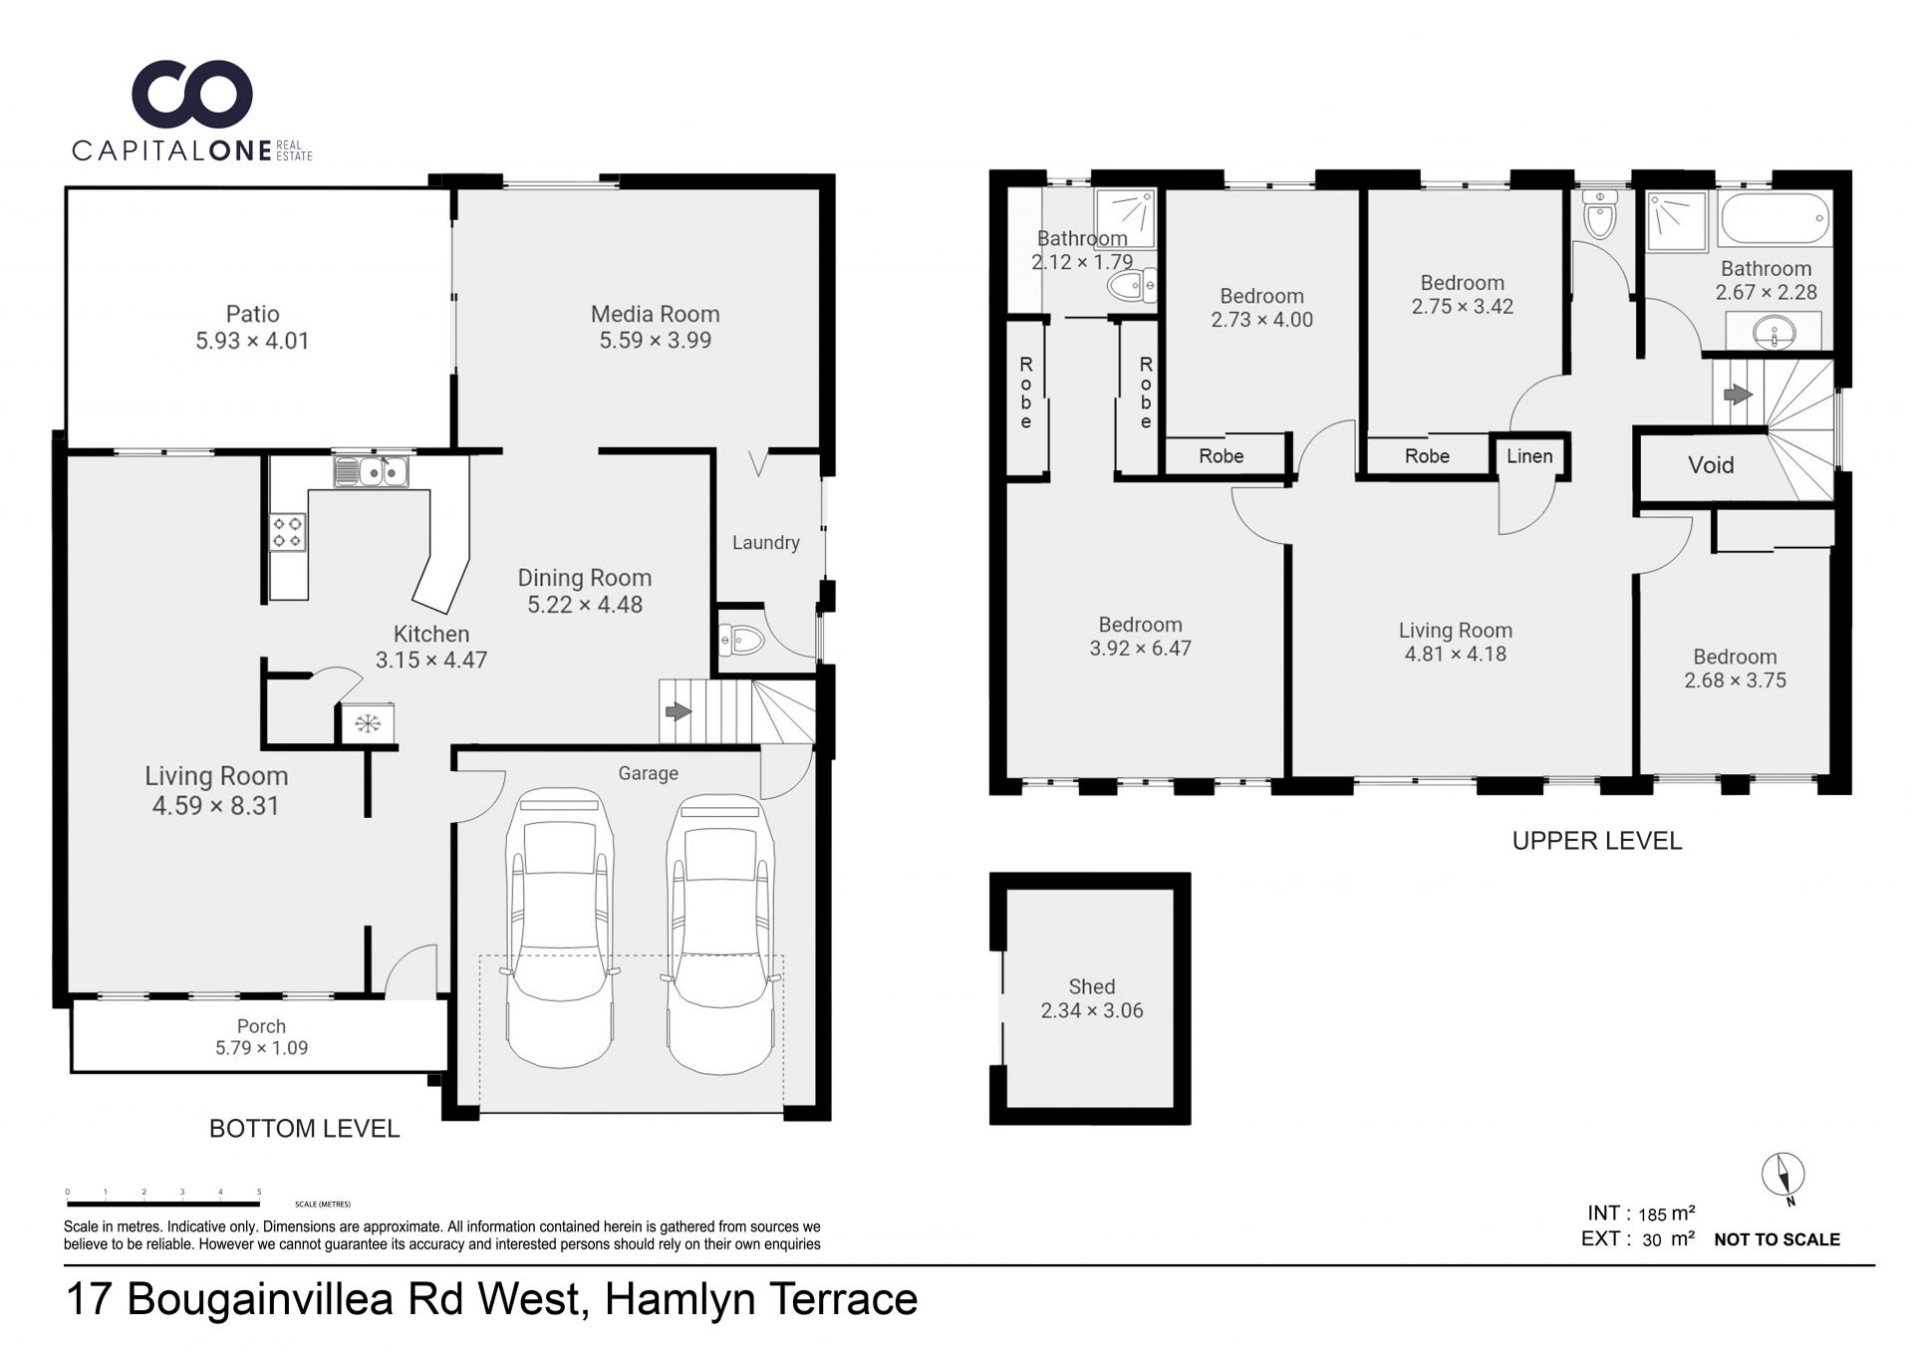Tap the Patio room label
(252, 314)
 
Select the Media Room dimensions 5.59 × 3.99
(655, 340)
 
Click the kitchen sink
(372, 470)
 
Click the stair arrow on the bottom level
(679, 711)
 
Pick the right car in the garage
(720, 935)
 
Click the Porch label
(261, 1026)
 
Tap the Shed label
(1092, 986)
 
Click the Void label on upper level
(1711, 465)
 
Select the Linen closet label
(1529, 456)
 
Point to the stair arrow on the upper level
(1738, 395)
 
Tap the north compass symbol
(1782, 1177)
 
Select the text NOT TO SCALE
(1776, 1239)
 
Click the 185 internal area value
(1652, 1215)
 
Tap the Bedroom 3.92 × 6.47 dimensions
(1140, 648)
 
